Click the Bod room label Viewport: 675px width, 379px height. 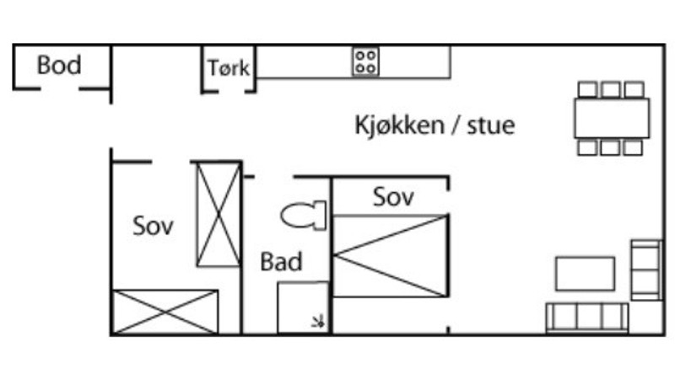point(59,65)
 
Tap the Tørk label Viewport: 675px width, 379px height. point(229,68)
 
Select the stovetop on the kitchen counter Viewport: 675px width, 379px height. point(365,61)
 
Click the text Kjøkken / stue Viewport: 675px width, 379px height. point(435,125)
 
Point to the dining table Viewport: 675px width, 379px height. point(612,118)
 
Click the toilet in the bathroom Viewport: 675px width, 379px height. point(304,216)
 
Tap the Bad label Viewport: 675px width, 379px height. point(282,261)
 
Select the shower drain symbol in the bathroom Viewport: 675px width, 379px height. point(318,321)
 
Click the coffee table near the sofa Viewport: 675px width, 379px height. point(585,274)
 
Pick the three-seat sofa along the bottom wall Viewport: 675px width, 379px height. point(586,318)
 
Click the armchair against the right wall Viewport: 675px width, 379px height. point(646,270)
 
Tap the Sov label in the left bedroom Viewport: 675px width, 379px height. point(153,226)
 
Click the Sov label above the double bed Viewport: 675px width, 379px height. point(393,197)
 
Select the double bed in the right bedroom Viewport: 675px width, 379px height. point(391,256)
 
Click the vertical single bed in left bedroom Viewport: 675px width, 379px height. point(219,215)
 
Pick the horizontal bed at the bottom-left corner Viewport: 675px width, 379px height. point(165,312)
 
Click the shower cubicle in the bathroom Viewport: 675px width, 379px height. point(303,307)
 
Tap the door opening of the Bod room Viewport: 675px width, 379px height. point(60,89)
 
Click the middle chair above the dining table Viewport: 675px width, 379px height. point(610,90)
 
